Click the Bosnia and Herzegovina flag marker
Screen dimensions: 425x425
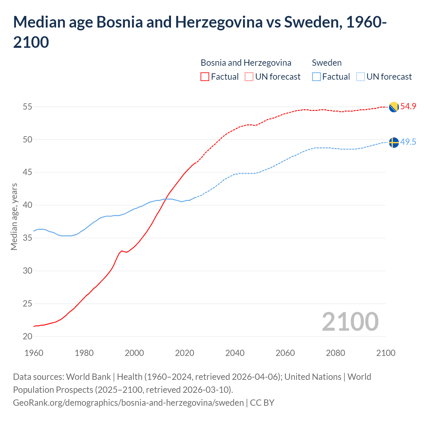(393, 107)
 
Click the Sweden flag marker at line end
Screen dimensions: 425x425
(393, 142)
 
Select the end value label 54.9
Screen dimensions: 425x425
(408, 107)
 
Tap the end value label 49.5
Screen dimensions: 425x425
(408, 142)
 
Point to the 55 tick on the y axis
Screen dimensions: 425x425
(28, 107)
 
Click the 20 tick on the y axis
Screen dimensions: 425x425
(28, 336)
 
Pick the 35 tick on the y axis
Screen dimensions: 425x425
(28, 238)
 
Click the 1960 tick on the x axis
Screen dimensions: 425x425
(34, 353)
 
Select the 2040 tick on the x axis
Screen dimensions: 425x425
(235, 353)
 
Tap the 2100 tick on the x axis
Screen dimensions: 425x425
(385, 353)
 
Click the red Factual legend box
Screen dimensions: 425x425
(205, 77)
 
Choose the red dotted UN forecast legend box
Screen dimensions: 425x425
(249, 77)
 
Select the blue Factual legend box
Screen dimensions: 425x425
(316, 77)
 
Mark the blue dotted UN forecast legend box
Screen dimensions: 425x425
(360, 77)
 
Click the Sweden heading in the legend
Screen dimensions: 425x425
(327, 63)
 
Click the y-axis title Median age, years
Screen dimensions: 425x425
(14, 216)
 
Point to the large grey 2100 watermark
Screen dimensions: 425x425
(350, 321)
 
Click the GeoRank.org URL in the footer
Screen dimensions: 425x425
(128, 403)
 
